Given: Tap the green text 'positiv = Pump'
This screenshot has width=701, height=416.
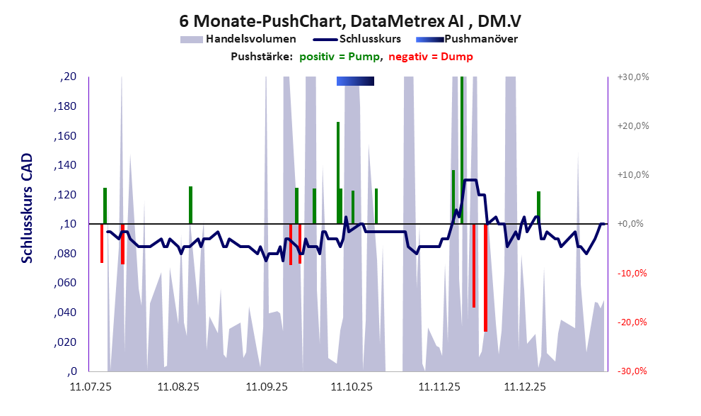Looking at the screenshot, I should pyautogui.click(x=340, y=57).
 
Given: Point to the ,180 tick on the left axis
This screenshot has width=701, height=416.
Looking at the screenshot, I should pyautogui.click(x=66, y=107).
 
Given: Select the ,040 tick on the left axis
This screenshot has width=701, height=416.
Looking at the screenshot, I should pyautogui.click(x=66, y=313).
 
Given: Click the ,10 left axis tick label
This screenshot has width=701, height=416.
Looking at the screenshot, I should pyautogui.click(x=69, y=225).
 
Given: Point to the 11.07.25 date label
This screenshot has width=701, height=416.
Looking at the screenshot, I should pyautogui.click(x=90, y=387).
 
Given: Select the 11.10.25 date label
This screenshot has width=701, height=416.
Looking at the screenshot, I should pyautogui.click(x=352, y=387).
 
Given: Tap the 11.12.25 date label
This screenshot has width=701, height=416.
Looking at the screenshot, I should pyautogui.click(x=525, y=387).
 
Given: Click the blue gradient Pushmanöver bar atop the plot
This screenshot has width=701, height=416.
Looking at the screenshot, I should pyautogui.click(x=355, y=81).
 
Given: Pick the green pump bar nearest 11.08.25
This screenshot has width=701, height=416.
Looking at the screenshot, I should pyautogui.click(x=190, y=204).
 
